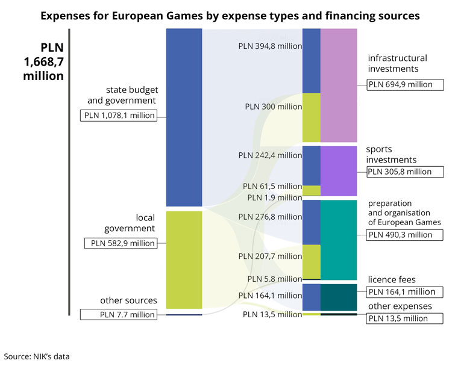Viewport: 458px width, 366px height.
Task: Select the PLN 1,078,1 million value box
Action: [x=119, y=116]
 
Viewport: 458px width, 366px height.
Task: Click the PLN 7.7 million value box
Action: [x=118, y=314]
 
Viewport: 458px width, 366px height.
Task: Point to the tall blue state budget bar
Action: [x=184, y=117]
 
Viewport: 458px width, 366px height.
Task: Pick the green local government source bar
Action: [x=184, y=259]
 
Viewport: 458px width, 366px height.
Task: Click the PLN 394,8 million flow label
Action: [x=269, y=46]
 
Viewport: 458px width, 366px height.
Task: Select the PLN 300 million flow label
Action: [x=273, y=107]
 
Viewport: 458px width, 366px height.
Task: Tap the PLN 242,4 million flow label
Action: [x=269, y=155]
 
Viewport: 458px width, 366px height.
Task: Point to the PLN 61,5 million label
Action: [x=272, y=187]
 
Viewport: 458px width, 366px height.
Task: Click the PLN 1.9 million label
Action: [x=274, y=197]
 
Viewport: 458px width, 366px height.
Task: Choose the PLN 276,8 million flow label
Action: [x=269, y=217]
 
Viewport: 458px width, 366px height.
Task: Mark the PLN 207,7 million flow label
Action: [x=269, y=256]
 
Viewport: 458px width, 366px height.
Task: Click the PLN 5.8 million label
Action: [x=274, y=279]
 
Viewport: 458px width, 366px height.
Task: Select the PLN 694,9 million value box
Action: [x=405, y=84]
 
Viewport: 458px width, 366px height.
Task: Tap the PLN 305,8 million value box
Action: [x=404, y=172]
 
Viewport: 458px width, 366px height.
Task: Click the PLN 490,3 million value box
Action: [x=404, y=235]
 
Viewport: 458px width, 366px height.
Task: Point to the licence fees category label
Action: [x=391, y=280]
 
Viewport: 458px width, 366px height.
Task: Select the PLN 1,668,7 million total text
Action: [x=43, y=61]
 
